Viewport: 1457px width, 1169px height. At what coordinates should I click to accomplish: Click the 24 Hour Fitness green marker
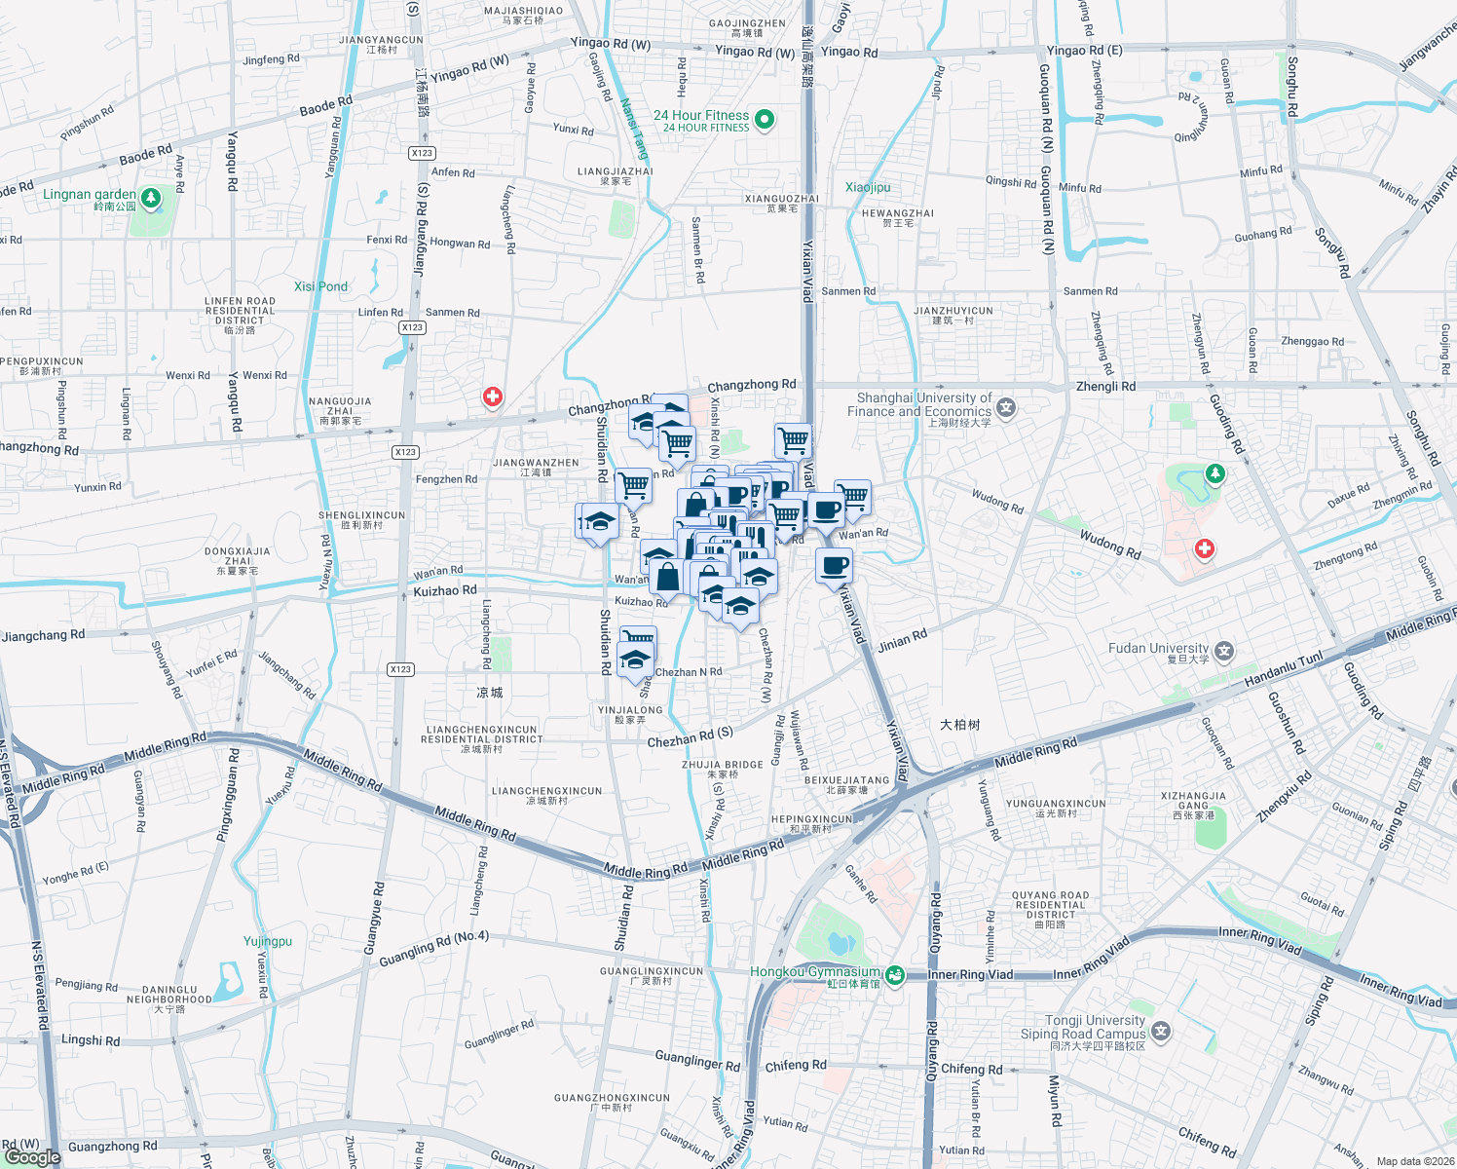765,119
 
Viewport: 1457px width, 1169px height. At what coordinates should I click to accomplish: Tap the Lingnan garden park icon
150,199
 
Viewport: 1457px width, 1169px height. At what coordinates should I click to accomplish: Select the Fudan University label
1158,649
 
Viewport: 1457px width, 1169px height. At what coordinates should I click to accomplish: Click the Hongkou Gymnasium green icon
895,974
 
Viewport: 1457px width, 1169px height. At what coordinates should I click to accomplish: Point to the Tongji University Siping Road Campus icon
1160,1031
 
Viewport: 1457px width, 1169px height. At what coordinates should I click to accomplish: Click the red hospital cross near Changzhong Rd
493,397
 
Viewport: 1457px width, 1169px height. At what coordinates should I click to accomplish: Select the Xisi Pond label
320,286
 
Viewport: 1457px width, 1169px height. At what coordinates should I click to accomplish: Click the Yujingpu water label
268,941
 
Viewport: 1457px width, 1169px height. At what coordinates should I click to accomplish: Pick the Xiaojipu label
868,187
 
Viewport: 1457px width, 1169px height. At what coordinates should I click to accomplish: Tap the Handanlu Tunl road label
1284,669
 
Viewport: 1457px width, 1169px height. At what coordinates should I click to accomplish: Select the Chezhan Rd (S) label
690,738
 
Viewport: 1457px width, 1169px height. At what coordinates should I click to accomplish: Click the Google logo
32,1157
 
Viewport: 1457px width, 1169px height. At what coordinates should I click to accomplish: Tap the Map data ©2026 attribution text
1415,1161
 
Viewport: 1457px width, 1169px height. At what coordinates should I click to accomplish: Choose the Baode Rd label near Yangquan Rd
325,106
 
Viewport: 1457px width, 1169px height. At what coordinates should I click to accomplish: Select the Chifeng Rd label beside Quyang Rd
971,1069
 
